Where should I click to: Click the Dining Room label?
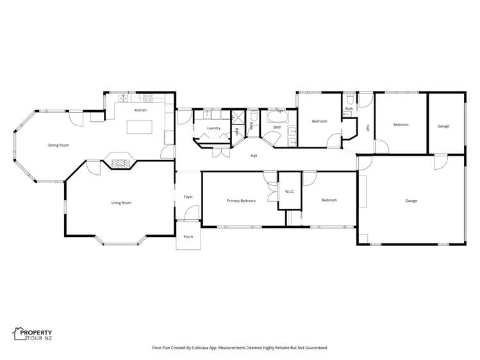tap(58, 145)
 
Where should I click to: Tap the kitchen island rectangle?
tap(140, 127)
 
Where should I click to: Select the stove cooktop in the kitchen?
tap(147, 98)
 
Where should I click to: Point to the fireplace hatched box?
tap(120, 163)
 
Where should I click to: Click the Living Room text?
tap(121, 203)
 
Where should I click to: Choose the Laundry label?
tap(213, 128)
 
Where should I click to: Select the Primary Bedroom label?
tap(241, 200)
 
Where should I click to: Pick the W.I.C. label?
tap(290, 192)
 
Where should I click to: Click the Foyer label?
tap(188, 197)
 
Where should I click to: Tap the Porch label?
tap(188, 236)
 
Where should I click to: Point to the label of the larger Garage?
tap(411, 200)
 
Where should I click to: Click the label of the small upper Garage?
tap(443, 126)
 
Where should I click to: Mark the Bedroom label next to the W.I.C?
tap(329, 200)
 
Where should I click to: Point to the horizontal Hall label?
tap(254, 156)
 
